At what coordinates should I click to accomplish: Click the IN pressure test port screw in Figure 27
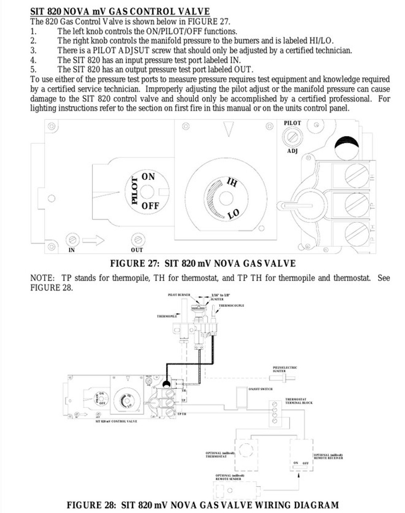pos(72,240)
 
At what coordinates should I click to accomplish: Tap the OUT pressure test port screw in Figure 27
pos(137,240)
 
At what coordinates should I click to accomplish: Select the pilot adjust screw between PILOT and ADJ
pos(292,137)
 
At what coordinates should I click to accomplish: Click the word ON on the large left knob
pos(148,176)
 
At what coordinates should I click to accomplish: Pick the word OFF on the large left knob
pos(150,206)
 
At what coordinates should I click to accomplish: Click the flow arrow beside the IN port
pos(93,240)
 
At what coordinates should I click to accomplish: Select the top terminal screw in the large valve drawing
pos(356,175)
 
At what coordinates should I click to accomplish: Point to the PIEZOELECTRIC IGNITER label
pos(285,369)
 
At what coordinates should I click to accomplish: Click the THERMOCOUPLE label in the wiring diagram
pos(231,305)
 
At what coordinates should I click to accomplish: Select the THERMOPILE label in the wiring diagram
pos(167,316)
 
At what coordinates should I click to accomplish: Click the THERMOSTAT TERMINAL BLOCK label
pos(299,401)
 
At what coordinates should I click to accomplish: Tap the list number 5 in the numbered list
pos(33,69)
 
